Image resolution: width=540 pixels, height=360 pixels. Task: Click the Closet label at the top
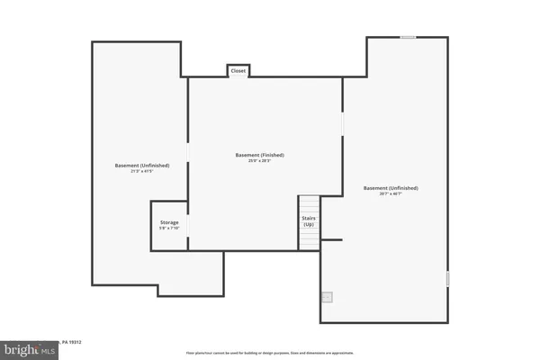(238, 70)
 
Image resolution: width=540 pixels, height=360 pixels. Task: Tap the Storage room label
(169, 221)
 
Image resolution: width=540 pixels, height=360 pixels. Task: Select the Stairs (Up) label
(308, 220)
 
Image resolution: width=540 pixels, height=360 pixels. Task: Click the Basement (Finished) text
(254, 155)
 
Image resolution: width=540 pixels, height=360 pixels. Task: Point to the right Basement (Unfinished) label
(391, 188)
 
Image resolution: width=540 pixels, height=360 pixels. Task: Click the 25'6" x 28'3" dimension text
(254, 161)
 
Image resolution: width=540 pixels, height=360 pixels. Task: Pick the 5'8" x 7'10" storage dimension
(169, 229)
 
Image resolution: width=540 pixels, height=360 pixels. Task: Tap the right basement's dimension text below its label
(391, 194)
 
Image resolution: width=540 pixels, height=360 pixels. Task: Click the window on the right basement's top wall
(408, 38)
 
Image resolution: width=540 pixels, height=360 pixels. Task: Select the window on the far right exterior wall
(447, 279)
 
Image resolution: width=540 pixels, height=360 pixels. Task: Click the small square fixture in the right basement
(328, 296)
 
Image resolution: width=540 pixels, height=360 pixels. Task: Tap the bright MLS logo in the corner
(29, 347)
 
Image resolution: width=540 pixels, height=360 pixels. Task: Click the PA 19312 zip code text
(72, 342)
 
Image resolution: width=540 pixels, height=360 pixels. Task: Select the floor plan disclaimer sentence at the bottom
(270, 353)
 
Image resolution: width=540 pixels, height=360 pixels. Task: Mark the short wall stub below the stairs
(331, 239)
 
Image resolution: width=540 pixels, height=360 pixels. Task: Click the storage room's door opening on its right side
(188, 225)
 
